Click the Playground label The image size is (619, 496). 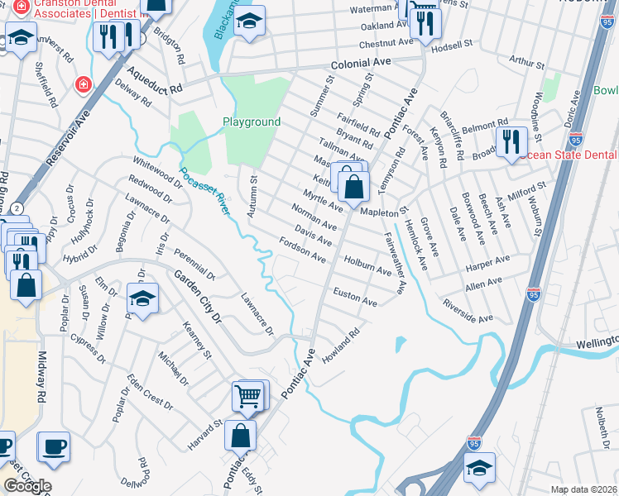tap(252, 122)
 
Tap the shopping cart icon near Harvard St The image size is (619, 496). tap(248, 397)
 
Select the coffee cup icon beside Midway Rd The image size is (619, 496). tap(55, 446)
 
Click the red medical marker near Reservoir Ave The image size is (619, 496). tap(82, 84)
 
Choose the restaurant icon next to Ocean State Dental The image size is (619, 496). tap(511, 142)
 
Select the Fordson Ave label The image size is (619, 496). tap(303, 250)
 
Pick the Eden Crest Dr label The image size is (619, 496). tap(150, 393)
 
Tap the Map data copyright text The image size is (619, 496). tap(583, 489)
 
